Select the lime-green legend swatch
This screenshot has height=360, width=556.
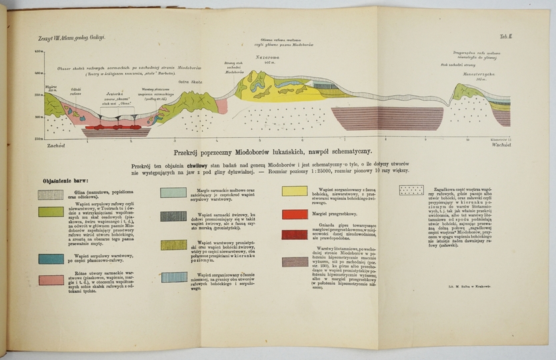[51, 211]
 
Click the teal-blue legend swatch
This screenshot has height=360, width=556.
[51, 258]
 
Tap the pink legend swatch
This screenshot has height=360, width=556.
[51, 279]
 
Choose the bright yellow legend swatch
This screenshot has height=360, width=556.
[294, 191]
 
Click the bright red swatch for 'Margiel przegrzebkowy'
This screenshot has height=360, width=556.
[294, 214]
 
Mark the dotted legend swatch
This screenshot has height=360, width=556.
[411, 190]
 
